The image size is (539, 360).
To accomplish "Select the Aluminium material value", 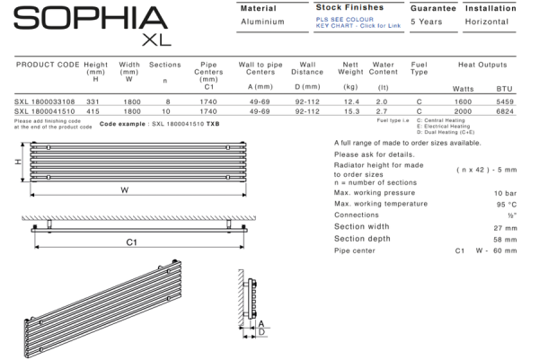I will coord(264,21).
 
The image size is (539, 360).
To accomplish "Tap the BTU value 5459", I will coord(506,101).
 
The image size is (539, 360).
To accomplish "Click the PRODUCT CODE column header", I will coord(49,65).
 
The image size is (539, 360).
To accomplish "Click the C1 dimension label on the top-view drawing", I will coord(130,241).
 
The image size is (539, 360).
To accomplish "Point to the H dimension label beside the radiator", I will coord(17,162).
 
